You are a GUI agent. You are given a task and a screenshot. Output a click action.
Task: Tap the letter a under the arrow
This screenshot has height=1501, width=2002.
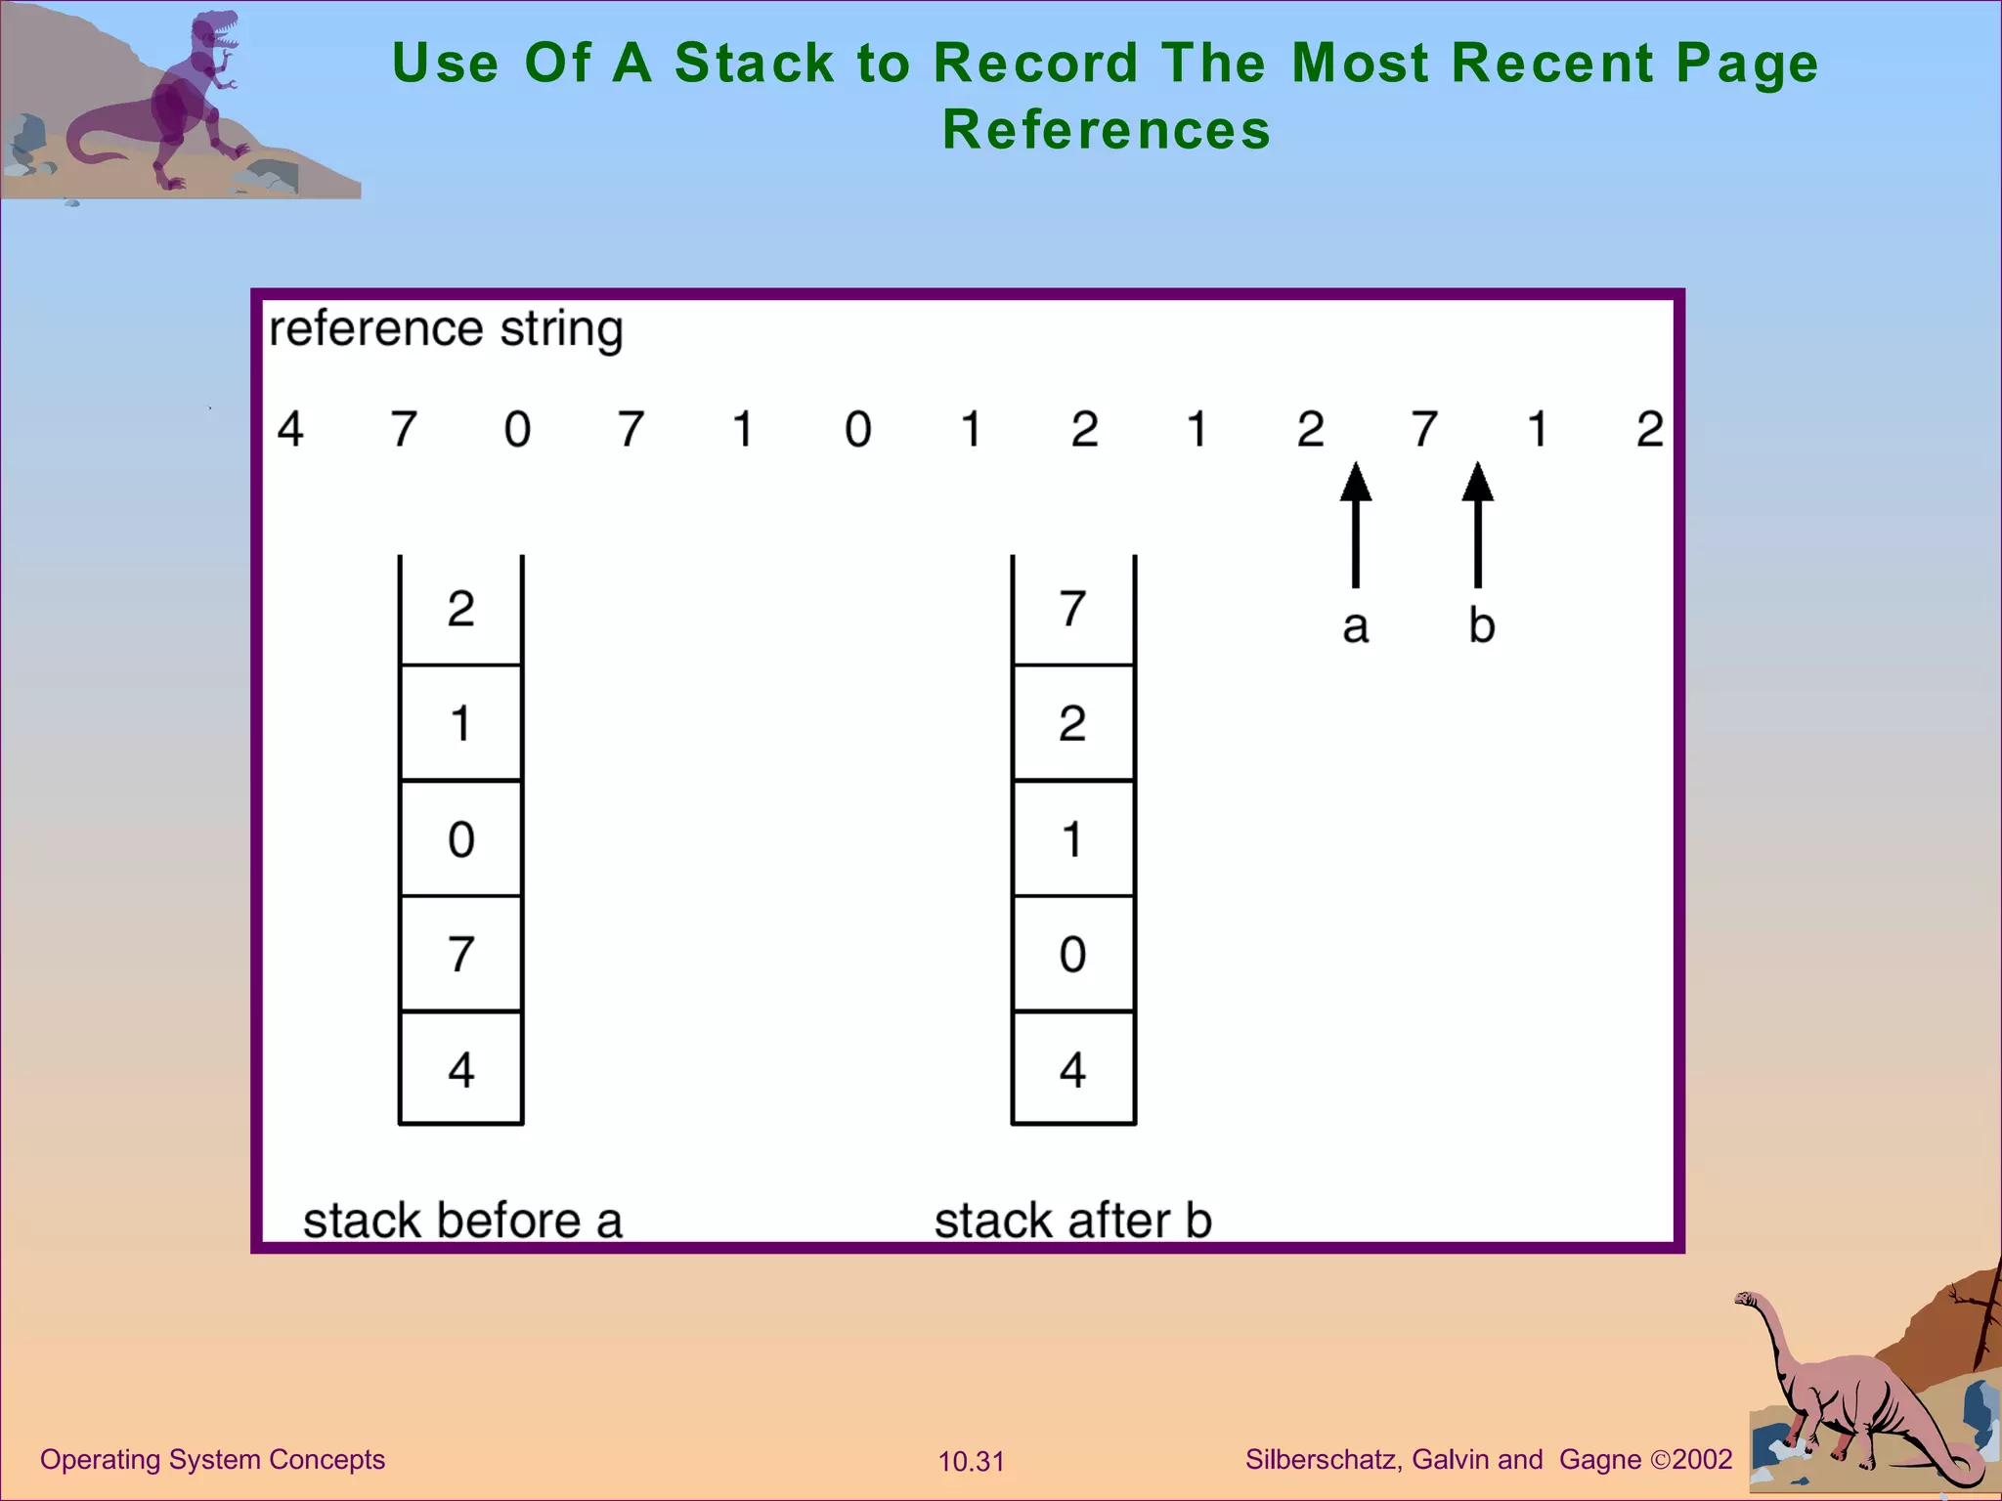tap(1355, 626)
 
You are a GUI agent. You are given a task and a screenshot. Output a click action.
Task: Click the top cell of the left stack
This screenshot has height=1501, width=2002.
tap(461, 610)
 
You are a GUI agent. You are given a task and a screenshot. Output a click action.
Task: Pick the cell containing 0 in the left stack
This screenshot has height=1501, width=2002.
tap(461, 838)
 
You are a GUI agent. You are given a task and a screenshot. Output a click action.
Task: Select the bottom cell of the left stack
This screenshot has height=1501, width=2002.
tap(461, 1068)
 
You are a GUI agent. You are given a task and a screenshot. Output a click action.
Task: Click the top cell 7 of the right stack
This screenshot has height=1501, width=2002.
tap(1073, 610)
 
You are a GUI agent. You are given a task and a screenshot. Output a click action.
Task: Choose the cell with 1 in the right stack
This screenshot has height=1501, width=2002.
tap(1073, 838)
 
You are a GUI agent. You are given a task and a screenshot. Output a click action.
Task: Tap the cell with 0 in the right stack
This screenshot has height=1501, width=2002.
tap(1073, 954)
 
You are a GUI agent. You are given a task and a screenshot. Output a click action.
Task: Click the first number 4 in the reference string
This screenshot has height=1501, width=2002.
tap(290, 429)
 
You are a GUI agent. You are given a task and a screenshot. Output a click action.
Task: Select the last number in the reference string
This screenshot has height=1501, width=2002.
tap(1650, 429)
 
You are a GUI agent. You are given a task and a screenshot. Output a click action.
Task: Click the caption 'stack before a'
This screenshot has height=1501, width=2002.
tap(462, 1221)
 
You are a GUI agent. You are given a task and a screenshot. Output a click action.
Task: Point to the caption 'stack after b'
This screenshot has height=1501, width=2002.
tap(1073, 1221)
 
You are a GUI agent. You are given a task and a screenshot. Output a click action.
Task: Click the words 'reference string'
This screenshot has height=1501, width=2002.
tap(446, 329)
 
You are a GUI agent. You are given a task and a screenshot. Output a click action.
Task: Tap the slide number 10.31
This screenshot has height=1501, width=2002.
tap(972, 1462)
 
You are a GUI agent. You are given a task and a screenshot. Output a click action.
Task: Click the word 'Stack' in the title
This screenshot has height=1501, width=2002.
tap(754, 64)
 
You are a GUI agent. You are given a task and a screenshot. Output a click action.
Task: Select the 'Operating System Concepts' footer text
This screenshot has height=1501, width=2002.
tap(212, 1460)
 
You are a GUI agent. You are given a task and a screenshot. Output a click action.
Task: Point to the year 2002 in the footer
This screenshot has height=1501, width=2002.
tap(1702, 1460)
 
